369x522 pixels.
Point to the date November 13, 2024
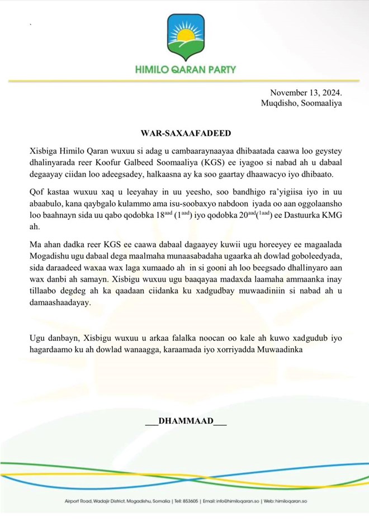pos(306,93)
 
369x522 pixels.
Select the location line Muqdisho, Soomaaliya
pos(301,103)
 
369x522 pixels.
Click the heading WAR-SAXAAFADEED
pos(184,134)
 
